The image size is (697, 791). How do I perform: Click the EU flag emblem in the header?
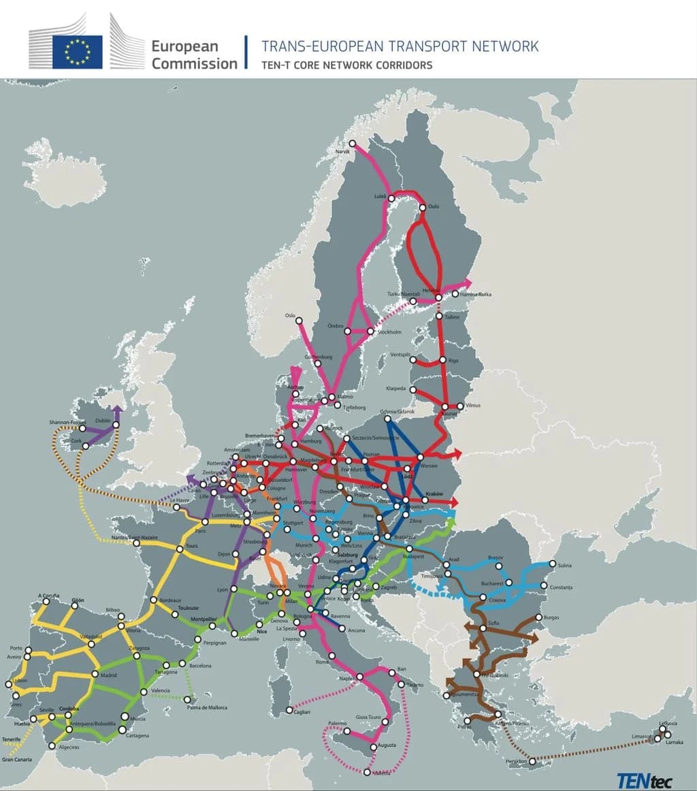click(x=77, y=52)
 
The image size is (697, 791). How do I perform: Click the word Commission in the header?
click(x=194, y=63)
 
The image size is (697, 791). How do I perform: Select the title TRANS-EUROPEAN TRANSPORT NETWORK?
click(x=400, y=46)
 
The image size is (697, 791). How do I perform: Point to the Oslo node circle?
click(x=298, y=321)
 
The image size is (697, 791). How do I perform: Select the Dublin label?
click(x=103, y=421)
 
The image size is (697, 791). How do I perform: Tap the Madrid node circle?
click(x=95, y=675)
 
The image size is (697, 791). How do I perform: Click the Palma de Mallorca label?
click(x=207, y=707)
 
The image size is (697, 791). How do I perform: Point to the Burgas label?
click(x=551, y=617)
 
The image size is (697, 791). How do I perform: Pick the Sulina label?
click(x=564, y=565)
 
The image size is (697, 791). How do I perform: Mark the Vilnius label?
click(x=473, y=406)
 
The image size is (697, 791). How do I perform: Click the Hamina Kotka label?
click(x=476, y=294)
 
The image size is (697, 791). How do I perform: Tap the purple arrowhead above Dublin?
click(x=117, y=410)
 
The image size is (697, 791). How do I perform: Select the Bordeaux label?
click(x=170, y=600)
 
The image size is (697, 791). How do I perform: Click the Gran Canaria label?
click(x=17, y=759)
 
